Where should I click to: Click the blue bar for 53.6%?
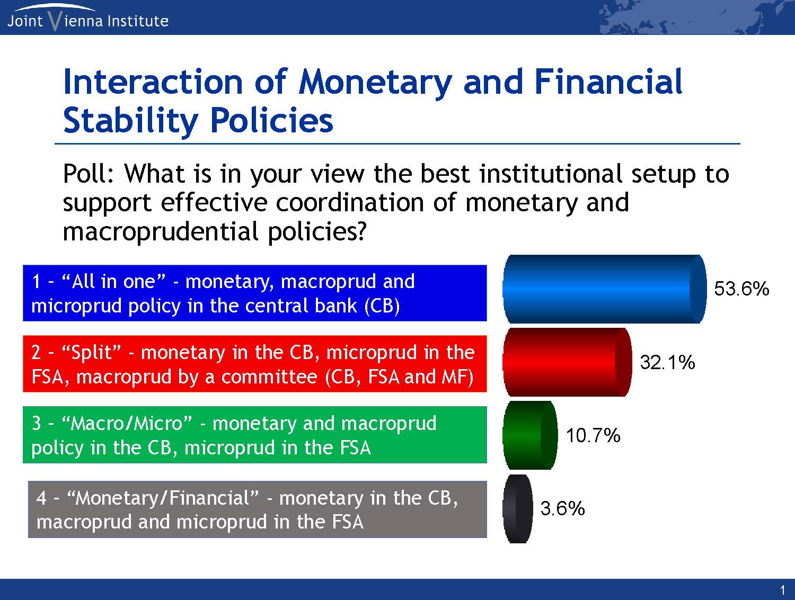tap(605, 289)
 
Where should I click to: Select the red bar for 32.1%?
tap(567, 362)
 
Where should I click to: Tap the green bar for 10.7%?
tap(530, 435)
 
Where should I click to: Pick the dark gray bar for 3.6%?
tap(518, 509)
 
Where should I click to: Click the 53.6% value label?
tap(741, 289)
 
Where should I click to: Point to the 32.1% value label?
tap(667, 362)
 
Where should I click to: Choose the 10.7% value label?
tap(593, 435)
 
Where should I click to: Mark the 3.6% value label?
tap(562, 508)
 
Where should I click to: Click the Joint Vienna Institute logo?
tap(87, 17)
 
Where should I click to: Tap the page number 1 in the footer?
tap(782, 590)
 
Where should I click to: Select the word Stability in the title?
tap(131, 121)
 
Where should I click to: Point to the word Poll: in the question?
tap(89, 174)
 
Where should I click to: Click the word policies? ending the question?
tap(317, 232)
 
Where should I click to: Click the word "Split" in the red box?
tap(91, 352)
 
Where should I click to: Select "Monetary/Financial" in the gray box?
tap(163, 498)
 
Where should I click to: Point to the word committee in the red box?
tap(269, 377)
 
